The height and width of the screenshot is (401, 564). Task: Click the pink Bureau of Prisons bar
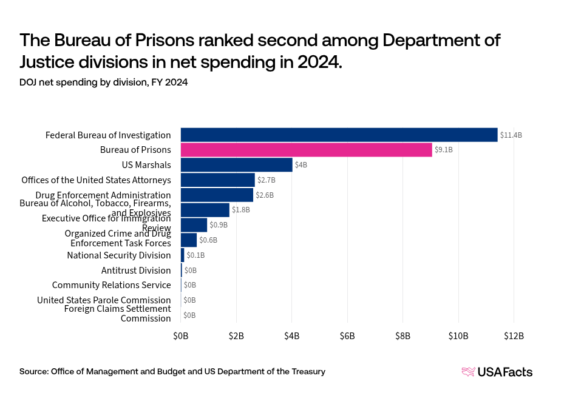[x=306, y=150]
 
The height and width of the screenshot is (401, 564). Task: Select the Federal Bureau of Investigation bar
[x=339, y=135]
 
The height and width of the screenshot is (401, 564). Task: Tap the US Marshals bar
[x=236, y=165]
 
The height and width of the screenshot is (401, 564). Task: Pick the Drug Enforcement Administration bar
[x=217, y=195]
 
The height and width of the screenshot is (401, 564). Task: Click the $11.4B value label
[x=511, y=135]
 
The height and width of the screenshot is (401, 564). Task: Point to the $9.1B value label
[x=443, y=150]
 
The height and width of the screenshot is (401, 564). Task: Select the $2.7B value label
[x=267, y=180]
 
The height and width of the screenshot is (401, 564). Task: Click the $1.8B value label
[x=241, y=210]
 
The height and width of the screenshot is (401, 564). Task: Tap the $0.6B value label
[x=208, y=240]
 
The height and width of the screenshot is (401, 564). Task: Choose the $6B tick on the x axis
[x=347, y=335]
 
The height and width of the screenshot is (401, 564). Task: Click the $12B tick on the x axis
[x=513, y=335]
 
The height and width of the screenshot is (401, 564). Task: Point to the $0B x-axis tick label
[x=181, y=335]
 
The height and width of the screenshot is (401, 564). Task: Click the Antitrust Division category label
[x=136, y=271]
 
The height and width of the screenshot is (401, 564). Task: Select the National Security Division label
[x=119, y=255]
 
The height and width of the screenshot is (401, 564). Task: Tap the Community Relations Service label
[x=111, y=285]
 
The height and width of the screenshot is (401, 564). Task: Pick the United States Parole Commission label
[x=104, y=300]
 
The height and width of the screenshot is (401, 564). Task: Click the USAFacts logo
[x=497, y=372]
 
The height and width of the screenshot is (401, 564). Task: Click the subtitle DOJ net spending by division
[x=103, y=83]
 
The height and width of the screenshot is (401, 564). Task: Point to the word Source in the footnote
[x=33, y=371]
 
